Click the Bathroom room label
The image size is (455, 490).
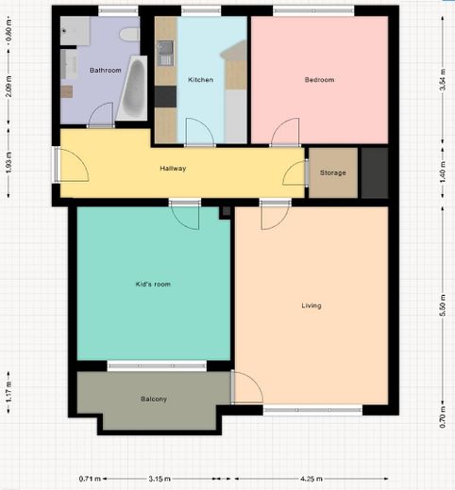click(105, 70)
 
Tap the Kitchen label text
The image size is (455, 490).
click(200, 80)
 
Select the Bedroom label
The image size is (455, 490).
click(319, 80)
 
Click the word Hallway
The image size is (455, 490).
click(173, 170)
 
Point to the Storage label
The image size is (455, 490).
click(332, 172)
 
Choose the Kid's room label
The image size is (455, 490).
click(154, 284)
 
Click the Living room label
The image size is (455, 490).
click(312, 305)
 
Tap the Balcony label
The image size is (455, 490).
click(154, 400)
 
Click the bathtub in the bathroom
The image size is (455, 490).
click(134, 90)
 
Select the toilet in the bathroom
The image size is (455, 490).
click(128, 35)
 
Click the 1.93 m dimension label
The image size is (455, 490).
click(8, 162)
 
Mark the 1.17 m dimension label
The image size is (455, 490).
click(8, 389)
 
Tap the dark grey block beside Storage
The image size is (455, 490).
click(375, 172)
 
